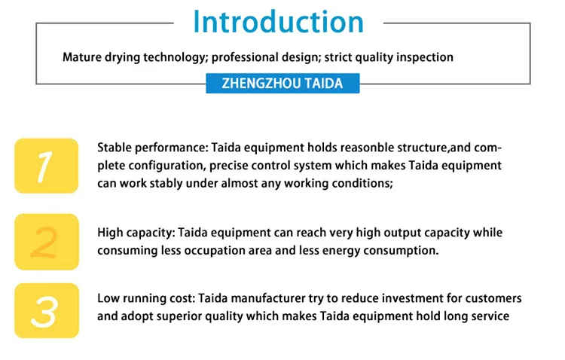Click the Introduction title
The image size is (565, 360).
278,22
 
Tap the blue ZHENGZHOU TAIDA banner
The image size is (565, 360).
282,84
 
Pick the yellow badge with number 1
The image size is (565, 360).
47,166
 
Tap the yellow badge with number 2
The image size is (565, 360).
47,242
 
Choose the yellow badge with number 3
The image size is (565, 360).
47,310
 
